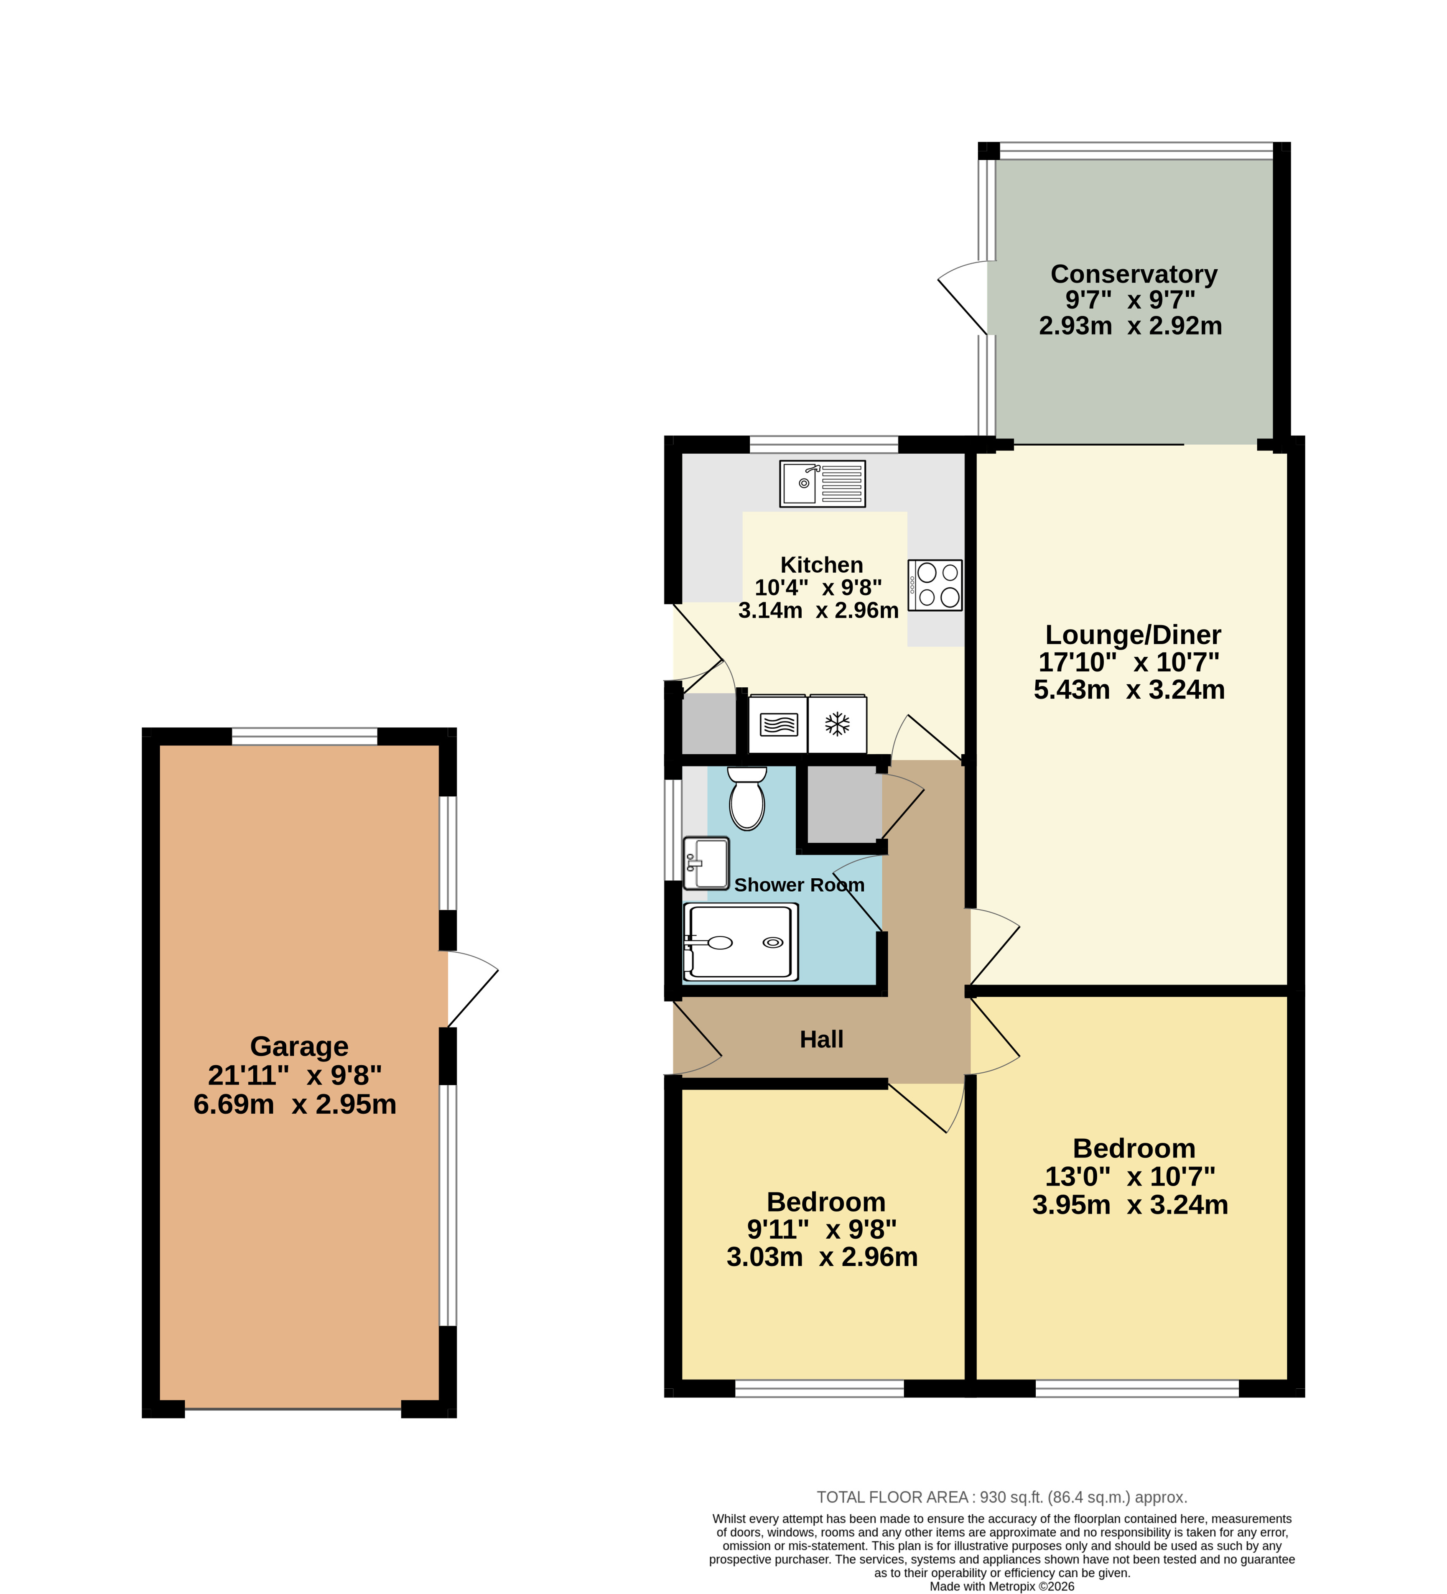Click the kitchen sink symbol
822,483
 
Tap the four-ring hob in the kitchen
935,585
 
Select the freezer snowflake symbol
837,724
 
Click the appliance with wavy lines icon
779,724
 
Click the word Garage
299,1046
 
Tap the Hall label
822,1039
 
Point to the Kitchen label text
822,564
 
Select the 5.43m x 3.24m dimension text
1129,689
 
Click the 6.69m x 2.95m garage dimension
295,1104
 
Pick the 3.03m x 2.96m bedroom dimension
822,1256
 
